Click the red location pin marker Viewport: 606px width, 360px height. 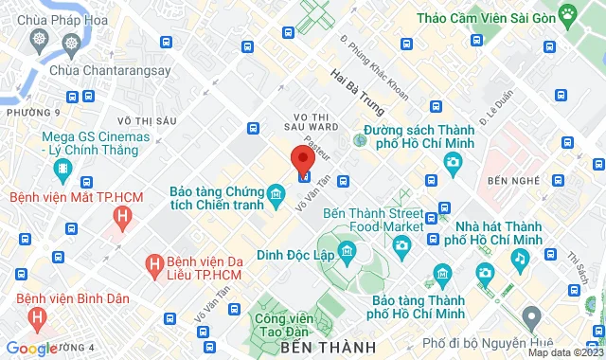302,159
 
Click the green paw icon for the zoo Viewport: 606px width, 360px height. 567,13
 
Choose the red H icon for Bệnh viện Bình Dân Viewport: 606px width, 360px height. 37,319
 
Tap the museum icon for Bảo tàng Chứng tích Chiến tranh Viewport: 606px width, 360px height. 276,195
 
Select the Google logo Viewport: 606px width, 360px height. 30,349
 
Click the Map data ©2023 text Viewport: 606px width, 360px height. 563,353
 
